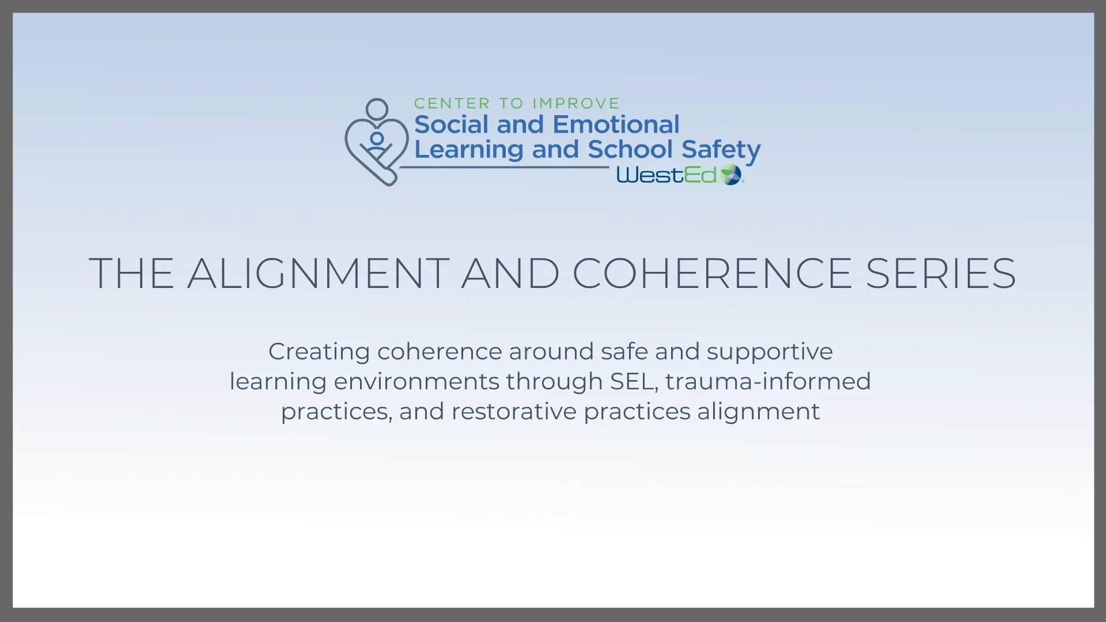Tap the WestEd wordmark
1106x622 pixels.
click(x=666, y=175)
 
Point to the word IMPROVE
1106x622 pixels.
click(x=575, y=104)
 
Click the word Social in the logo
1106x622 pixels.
click(x=451, y=124)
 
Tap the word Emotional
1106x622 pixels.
click(x=616, y=124)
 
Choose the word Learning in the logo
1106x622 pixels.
click(x=469, y=150)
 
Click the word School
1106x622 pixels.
click(x=630, y=149)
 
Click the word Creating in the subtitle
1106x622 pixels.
click(x=319, y=352)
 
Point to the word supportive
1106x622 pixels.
click(x=770, y=352)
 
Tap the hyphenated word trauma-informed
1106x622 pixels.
click(x=768, y=381)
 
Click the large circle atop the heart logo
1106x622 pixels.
click(x=377, y=109)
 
